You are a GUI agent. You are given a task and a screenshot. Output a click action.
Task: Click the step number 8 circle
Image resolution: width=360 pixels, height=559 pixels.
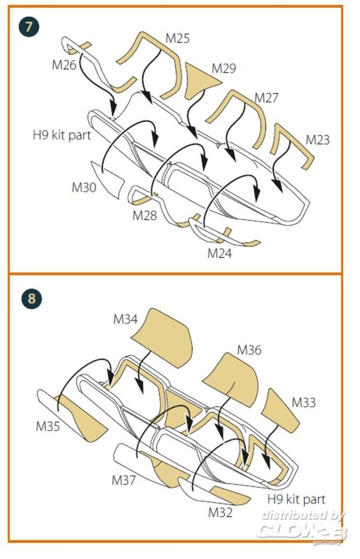pos(32,298)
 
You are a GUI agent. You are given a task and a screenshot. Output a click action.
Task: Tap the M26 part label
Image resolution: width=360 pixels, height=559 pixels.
pos(64,64)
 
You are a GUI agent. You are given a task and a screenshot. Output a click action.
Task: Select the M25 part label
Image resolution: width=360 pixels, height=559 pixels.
pos(178,38)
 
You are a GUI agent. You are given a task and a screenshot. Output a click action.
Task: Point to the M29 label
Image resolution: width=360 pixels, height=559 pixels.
pos(224,68)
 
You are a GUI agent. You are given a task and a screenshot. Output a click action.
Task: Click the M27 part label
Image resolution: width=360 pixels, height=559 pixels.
pos(267,98)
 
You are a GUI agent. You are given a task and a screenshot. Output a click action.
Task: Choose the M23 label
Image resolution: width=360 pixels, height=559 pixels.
pos(318,139)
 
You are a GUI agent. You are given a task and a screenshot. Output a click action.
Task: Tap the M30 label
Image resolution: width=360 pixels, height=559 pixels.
pos(84,188)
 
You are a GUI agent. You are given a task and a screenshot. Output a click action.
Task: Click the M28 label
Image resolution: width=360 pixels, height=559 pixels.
pos(145,215)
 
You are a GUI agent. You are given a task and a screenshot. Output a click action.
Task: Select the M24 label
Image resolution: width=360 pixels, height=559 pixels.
pos(220,253)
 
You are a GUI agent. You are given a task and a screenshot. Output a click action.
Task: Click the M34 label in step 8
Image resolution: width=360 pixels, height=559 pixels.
pos(126,319)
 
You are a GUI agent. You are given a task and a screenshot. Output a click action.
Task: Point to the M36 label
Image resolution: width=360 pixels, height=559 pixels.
pos(249,350)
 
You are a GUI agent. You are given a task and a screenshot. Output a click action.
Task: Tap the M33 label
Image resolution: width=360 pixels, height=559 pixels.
pos(304,402)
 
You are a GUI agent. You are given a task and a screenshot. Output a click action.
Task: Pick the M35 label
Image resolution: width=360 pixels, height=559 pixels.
pos(48,426)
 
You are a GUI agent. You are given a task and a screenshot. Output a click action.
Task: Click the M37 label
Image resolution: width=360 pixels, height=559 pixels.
pos(124,480)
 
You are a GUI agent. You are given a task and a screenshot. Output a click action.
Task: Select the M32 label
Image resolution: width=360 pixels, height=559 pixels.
pos(220,512)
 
